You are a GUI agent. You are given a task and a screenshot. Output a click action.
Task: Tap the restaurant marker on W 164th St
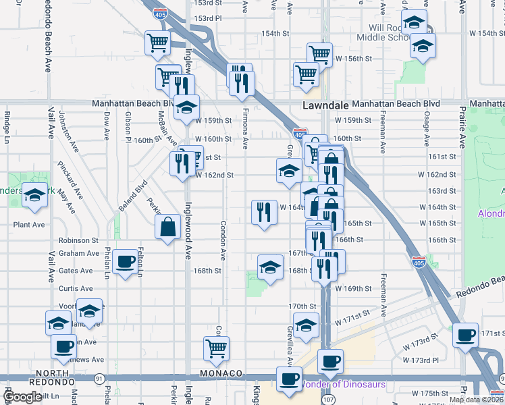click(x=263, y=212)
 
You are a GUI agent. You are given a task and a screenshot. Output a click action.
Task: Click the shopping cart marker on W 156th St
click(x=319, y=55)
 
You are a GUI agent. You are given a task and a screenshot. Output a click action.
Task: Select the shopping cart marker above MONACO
click(x=216, y=348)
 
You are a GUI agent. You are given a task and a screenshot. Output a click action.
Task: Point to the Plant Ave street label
click(x=28, y=224)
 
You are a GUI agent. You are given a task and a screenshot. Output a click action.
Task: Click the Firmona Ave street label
click(x=246, y=128)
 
